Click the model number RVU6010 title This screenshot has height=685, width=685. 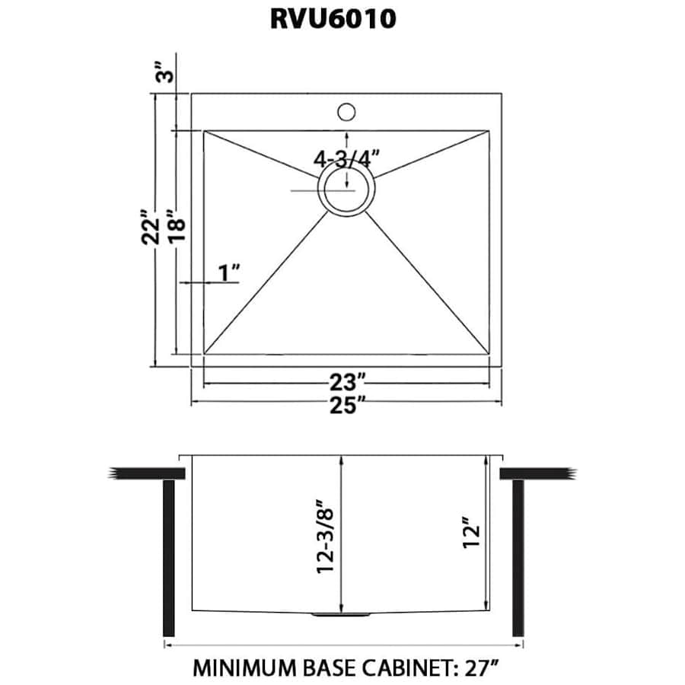coord(333,19)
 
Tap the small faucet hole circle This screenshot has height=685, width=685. coord(346,111)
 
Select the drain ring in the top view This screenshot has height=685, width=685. coord(346,190)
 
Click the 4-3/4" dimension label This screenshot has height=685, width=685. coord(346,159)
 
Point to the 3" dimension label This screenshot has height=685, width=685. coord(164,74)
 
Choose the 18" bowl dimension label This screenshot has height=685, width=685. coord(177,226)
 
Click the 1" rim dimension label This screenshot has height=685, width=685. coord(228,271)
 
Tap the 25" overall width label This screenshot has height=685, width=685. coord(346,405)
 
